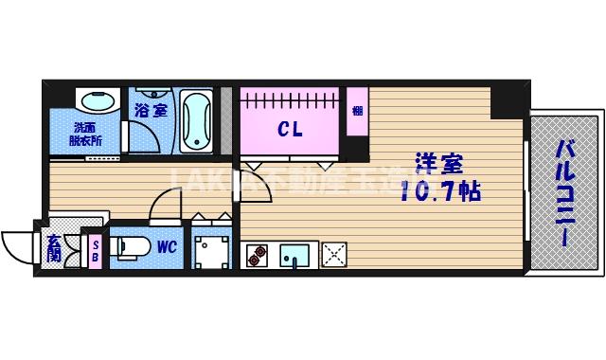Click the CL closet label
(290, 131)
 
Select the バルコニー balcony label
(565, 192)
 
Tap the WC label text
(167, 248)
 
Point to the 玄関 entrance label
(55, 248)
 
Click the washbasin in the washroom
(93, 100)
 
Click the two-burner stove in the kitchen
(258, 254)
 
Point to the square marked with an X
(334, 254)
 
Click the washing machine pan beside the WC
(211, 249)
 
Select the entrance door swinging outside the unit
(19, 248)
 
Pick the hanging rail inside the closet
(290, 99)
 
